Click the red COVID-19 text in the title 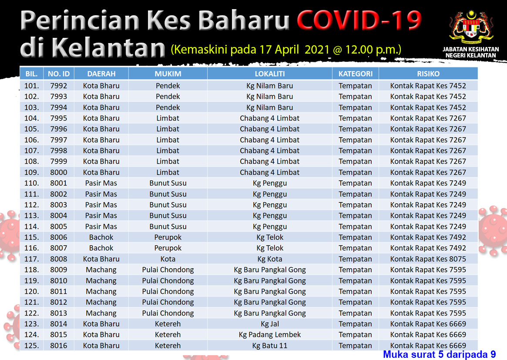[x=359, y=20]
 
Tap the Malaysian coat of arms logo [x=471, y=28]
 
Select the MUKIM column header [x=168, y=74]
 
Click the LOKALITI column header [x=270, y=74]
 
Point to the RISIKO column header [x=428, y=74]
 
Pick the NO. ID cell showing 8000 [x=58, y=172]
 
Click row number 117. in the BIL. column [x=32, y=259]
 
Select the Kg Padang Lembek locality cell [x=270, y=335]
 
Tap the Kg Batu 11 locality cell [x=270, y=346]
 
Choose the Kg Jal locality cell [x=270, y=324]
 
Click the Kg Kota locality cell [x=270, y=259]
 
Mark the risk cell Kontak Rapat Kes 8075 [x=428, y=259]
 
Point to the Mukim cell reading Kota [x=168, y=259]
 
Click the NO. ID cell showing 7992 [x=58, y=86]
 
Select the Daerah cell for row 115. [x=101, y=237]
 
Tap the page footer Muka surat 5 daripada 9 [x=440, y=354]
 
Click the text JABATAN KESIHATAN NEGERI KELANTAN [x=471, y=52]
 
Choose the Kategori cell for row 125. [x=356, y=346]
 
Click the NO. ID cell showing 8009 [x=58, y=270]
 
